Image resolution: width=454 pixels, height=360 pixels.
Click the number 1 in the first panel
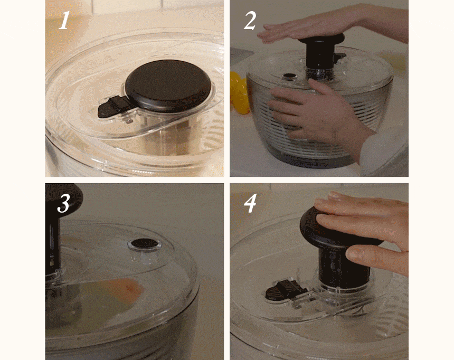tap(64, 20)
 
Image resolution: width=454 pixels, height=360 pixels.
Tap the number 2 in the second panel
tap(250, 21)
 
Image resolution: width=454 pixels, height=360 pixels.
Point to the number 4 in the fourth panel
tap(250, 203)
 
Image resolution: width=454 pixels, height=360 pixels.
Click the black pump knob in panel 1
tap(168, 85)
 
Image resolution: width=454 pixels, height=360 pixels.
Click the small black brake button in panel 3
tap(145, 243)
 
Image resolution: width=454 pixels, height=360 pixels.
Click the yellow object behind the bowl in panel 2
tap(239, 92)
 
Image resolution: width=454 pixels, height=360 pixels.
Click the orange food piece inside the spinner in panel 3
tap(127, 288)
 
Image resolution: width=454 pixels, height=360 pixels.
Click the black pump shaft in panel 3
tap(53, 243)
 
